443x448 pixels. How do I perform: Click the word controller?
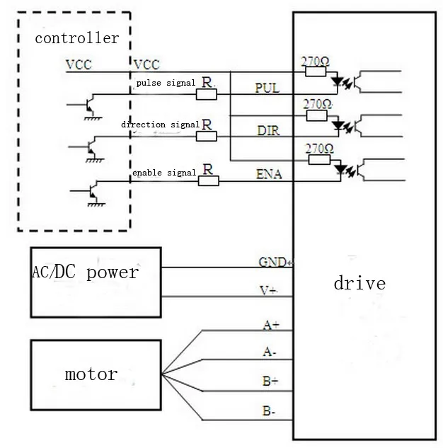77,38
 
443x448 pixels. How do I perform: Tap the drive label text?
359,283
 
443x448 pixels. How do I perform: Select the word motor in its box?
91,374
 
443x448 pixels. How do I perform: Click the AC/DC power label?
86,272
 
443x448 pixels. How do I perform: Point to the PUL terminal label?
267,88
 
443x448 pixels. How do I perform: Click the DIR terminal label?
268,130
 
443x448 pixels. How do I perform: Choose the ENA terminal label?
269,174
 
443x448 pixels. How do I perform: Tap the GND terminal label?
272,262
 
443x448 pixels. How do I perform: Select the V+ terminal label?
268,291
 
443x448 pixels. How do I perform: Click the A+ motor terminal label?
271,325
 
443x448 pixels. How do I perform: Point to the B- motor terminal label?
269,411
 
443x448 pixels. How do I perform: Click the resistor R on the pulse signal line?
207,94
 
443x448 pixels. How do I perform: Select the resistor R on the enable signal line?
209,181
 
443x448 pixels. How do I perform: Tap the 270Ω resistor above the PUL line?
316,71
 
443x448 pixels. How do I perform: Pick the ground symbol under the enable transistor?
96,205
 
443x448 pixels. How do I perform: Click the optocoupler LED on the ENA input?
340,169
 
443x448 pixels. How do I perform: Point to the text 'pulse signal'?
166,83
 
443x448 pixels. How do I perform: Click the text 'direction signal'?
160,125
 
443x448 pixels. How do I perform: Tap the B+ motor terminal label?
270,381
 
